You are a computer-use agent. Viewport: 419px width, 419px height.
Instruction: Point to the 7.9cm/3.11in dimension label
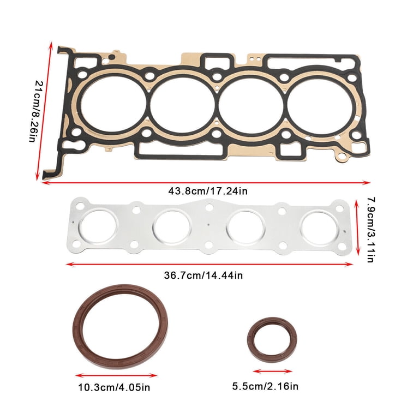click(x=368, y=230)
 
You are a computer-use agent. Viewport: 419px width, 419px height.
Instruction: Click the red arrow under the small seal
click(x=272, y=372)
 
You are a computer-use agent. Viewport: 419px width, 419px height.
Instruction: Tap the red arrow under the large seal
click(x=116, y=375)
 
